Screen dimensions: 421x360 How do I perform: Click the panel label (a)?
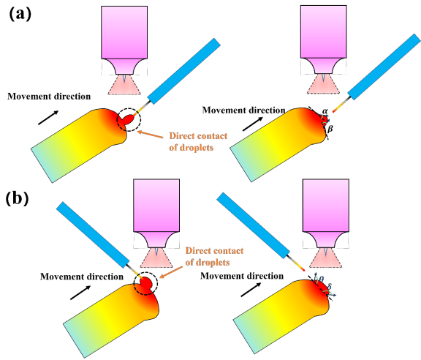(x=20, y=14)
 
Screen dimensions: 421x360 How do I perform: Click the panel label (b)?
(x=18, y=198)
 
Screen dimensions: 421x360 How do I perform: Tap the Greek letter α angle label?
(x=325, y=110)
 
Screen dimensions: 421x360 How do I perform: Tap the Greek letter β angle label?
(x=330, y=129)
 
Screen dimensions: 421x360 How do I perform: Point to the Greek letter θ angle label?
(x=322, y=279)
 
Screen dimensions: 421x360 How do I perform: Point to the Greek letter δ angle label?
(x=330, y=286)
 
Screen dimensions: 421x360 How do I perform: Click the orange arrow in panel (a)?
(x=151, y=135)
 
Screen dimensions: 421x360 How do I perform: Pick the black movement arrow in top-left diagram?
(x=48, y=118)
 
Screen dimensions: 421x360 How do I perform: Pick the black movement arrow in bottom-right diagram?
(x=251, y=290)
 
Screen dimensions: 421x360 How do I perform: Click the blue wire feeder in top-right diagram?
(x=384, y=67)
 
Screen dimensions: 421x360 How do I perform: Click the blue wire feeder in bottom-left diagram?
(x=93, y=235)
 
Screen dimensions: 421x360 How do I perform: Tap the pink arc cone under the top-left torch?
(x=124, y=85)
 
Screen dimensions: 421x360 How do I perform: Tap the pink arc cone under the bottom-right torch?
(x=326, y=258)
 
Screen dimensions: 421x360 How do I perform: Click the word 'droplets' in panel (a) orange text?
(x=197, y=148)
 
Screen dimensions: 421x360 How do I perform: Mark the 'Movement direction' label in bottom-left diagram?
(x=82, y=277)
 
